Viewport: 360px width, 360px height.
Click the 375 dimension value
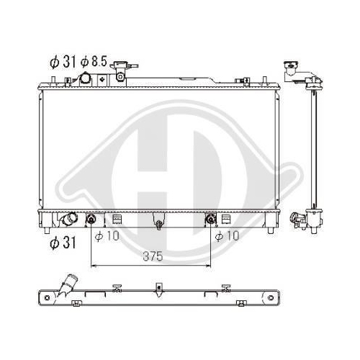coord(153,256)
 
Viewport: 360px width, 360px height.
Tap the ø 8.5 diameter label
coord(94,61)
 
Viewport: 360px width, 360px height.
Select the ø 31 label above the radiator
coord(63,62)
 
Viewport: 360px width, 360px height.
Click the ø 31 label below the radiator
coord(63,243)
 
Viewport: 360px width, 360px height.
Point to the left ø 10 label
coord(107,236)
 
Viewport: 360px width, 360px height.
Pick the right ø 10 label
coord(227,236)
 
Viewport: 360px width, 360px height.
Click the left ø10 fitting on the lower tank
coord(91,219)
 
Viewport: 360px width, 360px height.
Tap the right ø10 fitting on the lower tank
coord(210,219)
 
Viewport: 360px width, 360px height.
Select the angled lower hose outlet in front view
coord(68,219)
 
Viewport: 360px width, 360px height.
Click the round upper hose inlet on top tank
coord(85,78)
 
